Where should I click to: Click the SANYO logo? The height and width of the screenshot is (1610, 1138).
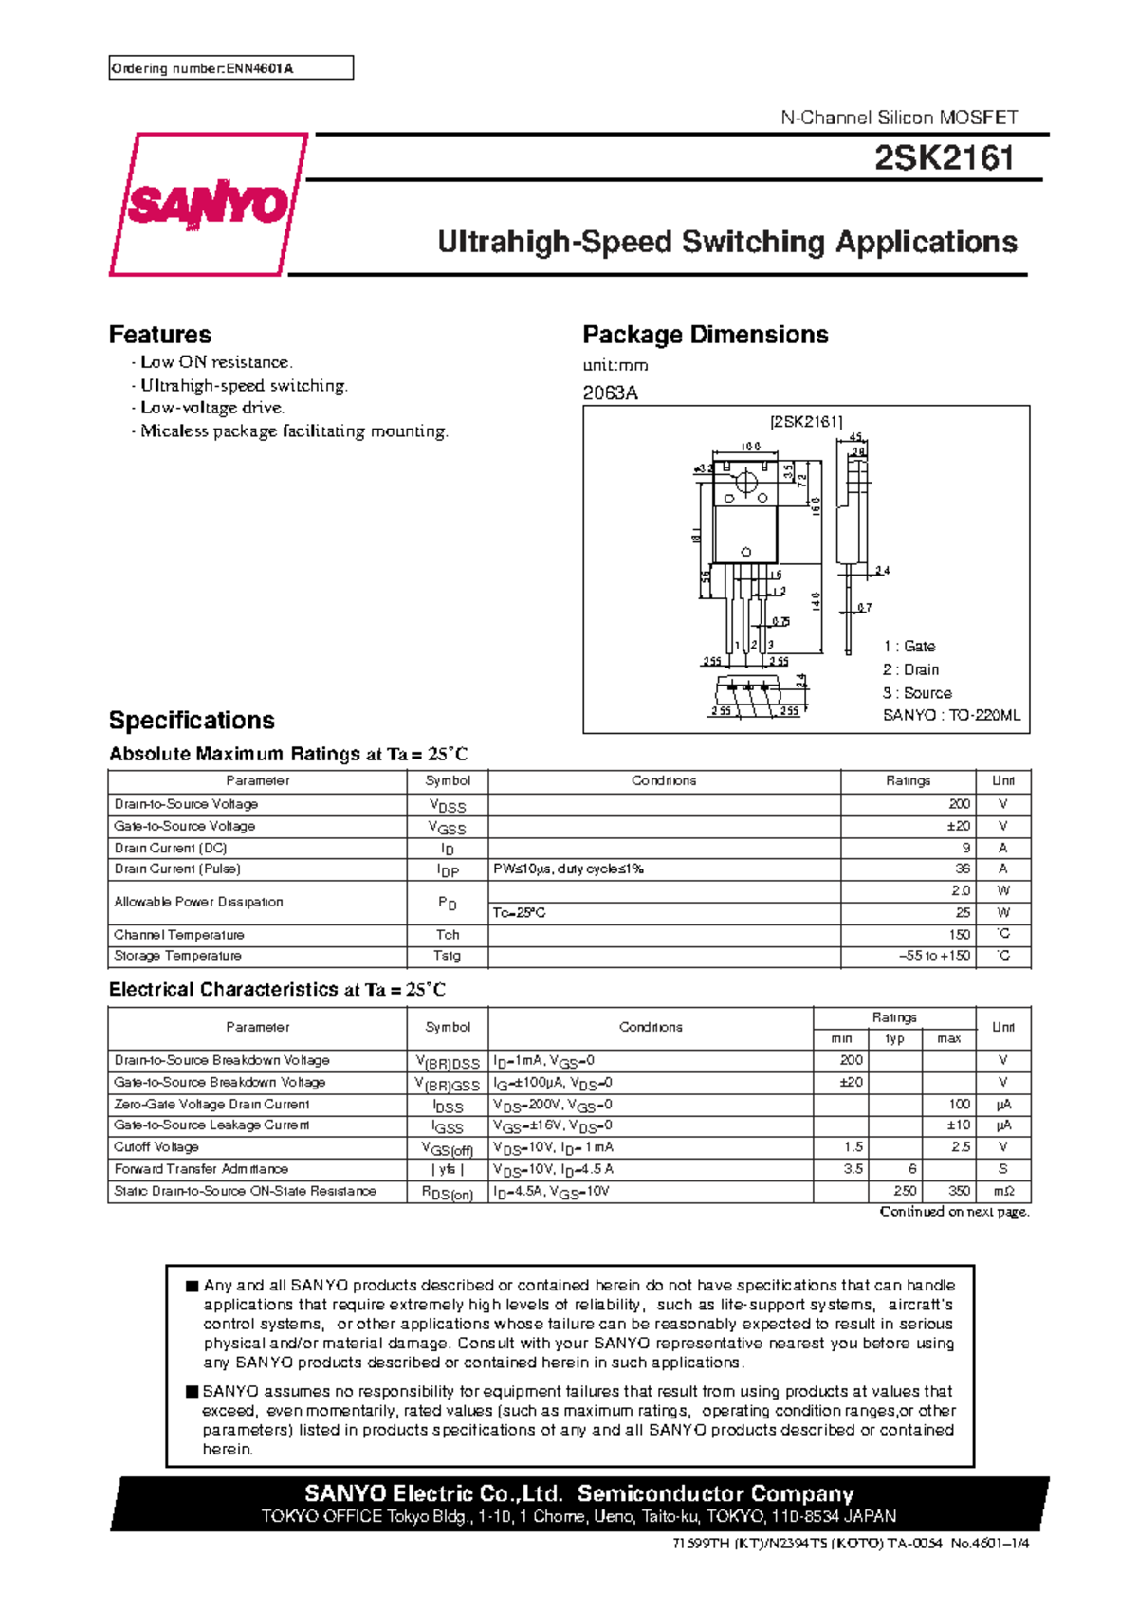coord(207,205)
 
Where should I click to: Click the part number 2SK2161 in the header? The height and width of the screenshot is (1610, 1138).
coord(944,158)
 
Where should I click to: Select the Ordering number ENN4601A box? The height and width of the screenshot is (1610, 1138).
coord(230,68)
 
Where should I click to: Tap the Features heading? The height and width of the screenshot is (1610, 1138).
coord(159,335)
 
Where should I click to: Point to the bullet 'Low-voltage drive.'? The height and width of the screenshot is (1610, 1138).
coord(212,408)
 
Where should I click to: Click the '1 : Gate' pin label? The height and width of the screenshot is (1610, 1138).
coord(909,647)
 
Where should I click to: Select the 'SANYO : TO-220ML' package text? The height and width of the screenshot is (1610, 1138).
coord(951,716)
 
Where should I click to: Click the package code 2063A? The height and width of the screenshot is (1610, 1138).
coord(610,393)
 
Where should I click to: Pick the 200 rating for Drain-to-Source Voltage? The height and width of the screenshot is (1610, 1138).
coord(959,804)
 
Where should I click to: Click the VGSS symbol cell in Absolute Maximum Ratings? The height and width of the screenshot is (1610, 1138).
coord(448,827)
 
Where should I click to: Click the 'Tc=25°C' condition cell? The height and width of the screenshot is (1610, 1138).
coord(520,913)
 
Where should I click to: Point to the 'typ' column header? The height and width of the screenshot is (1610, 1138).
coord(894,1039)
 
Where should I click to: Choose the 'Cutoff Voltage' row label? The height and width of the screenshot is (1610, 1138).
coord(156,1147)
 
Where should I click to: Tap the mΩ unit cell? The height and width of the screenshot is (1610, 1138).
coord(1002,1191)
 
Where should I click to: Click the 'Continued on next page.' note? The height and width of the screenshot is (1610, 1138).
coord(954,1212)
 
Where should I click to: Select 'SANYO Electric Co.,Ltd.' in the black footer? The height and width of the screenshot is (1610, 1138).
coord(433,1493)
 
